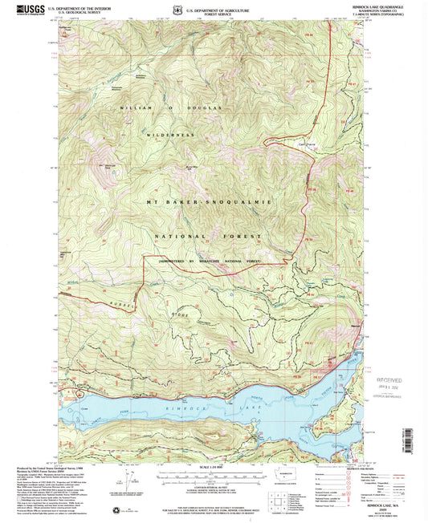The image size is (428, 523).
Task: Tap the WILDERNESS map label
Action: click(171, 136)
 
